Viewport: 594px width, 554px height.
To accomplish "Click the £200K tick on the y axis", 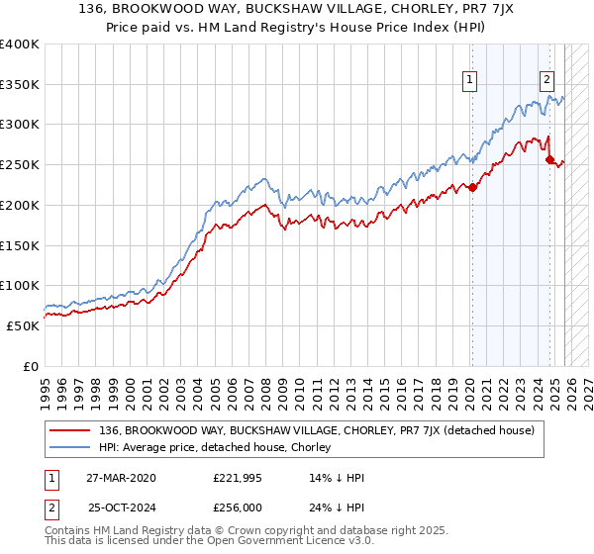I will tap(20, 205).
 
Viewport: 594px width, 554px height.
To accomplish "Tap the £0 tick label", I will tap(30, 366).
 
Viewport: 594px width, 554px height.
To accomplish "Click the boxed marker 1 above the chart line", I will tap(469, 82).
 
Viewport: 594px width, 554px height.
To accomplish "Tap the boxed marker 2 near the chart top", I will tap(546, 82).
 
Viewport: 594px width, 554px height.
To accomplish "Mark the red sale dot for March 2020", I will tap(472, 187).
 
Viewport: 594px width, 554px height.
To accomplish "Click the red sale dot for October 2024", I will tap(550, 159).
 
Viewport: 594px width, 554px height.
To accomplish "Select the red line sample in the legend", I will tap(71, 430).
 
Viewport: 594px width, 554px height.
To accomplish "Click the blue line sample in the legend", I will tap(71, 447).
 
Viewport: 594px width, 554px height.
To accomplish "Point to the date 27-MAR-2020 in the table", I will tap(120, 478).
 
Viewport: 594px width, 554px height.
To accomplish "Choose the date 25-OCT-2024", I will tap(120, 509).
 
